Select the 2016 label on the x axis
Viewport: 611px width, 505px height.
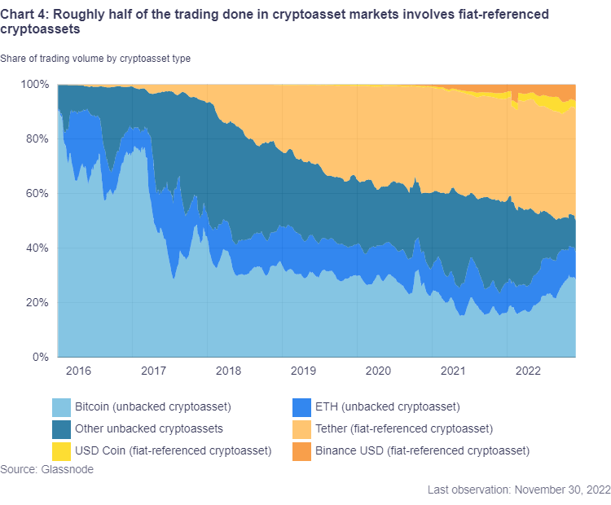[x=78, y=371]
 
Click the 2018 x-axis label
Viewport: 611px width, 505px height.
[x=228, y=371]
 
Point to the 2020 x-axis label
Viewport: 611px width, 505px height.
[x=379, y=371]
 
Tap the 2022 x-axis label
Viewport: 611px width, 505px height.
[x=529, y=371]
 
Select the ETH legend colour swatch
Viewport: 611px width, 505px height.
[x=302, y=406]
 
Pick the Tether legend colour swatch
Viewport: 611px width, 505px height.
[x=302, y=428]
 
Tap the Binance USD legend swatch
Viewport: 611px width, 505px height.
[x=302, y=450]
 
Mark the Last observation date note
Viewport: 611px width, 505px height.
[x=518, y=490]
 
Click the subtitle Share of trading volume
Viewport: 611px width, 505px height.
[x=95, y=58]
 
